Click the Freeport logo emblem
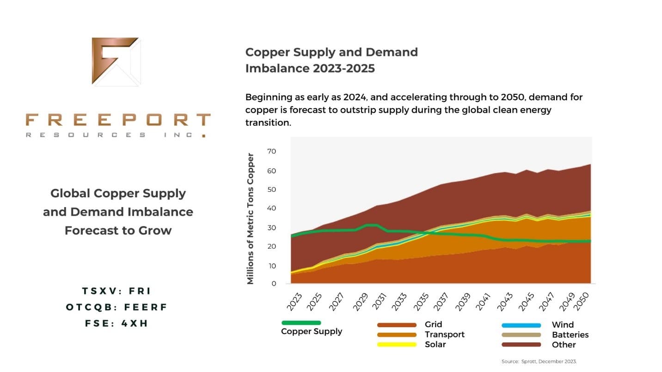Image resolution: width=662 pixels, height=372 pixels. pos(116,61)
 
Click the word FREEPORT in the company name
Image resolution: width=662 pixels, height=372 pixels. pos(118,120)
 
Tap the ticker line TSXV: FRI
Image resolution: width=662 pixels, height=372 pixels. pos(116,291)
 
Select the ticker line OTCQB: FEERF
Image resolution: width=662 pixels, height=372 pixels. pos(116,307)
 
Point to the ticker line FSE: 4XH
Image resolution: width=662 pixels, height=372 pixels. pos(116,323)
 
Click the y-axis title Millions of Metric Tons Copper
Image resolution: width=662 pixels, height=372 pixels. pos(251,218)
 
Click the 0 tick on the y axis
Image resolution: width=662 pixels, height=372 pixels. pos(274,284)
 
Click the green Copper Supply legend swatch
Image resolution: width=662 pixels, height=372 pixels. pos(301,323)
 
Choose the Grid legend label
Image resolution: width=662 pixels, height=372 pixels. pos(433,325)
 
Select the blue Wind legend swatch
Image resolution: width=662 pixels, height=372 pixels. pos(521,325)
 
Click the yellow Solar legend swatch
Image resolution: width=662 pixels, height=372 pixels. pos(397,345)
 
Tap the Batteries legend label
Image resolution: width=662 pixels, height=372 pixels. pos(570,335)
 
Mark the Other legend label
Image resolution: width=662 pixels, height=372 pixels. pos(564,345)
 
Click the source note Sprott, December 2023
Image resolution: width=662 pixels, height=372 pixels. pos(539,361)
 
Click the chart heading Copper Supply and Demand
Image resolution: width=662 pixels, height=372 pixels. pos(331,52)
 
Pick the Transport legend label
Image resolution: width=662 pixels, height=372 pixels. pos(444,335)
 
